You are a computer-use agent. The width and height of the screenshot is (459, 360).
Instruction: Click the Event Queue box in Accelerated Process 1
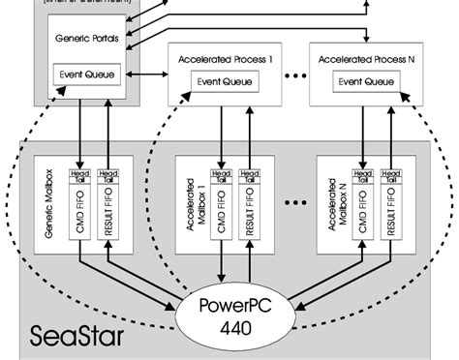tap(226, 81)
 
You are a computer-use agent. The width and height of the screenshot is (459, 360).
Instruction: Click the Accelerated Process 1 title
tap(226, 60)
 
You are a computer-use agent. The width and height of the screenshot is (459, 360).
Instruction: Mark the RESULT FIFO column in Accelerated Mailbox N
tap(391, 217)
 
